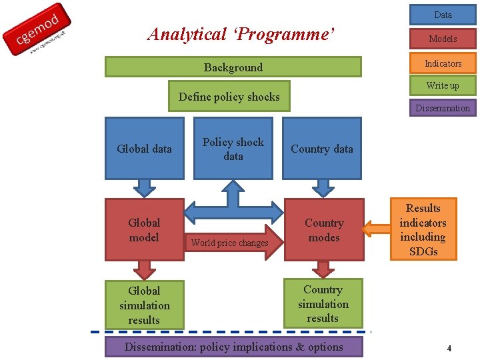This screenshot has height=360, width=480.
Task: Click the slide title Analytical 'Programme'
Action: click(241, 34)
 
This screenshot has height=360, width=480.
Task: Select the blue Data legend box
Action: click(443, 15)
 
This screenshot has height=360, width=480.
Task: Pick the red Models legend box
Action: click(443, 39)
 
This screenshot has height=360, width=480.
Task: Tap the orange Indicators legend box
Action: click(443, 63)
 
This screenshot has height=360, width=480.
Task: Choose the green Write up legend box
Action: click(443, 85)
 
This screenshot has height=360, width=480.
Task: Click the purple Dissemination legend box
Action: click(443, 108)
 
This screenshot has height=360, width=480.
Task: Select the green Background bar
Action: click(233, 67)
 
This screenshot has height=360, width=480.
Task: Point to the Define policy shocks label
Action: click(229, 97)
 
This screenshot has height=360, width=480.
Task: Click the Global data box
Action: click(145, 149)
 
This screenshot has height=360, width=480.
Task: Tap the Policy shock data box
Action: click(233, 149)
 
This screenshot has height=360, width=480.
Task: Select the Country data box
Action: click(322, 149)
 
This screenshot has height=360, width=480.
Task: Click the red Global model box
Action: click(145, 230)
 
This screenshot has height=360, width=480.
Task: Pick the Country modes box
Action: click(324, 230)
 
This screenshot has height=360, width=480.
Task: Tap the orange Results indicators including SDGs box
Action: click(423, 229)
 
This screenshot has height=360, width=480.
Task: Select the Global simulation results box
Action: click(145, 305)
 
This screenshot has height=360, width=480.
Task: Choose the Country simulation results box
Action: click(323, 304)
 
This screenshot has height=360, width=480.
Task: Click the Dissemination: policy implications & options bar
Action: click(234, 347)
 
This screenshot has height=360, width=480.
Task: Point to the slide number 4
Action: click(449, 348)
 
